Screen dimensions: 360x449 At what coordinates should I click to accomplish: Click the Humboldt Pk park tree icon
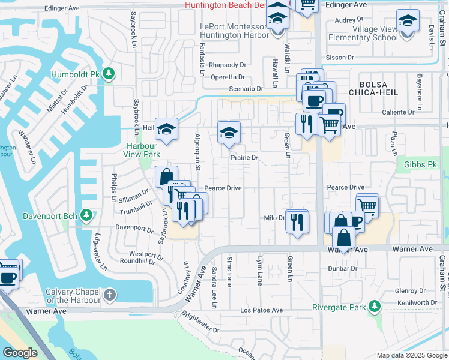pyautogui.click(x=108, y=74)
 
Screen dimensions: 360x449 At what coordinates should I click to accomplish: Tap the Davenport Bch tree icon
pyautogui.click(x=86, y=215)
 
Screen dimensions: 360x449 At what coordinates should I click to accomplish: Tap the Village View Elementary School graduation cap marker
pyautogui.click(x=407, y=23)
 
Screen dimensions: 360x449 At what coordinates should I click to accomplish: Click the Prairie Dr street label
pyautogui.click(x=244, y=158)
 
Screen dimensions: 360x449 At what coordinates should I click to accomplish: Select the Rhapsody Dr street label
pyautogui.click(x=228, y=65)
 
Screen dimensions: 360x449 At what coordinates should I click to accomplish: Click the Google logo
pyautogui.click(x=20, y=353)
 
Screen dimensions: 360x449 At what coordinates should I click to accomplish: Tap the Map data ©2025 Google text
pyautogui.click(x=411, y=355)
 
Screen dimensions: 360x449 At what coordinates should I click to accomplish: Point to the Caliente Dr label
pyautogui.click(x=399, y=112)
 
